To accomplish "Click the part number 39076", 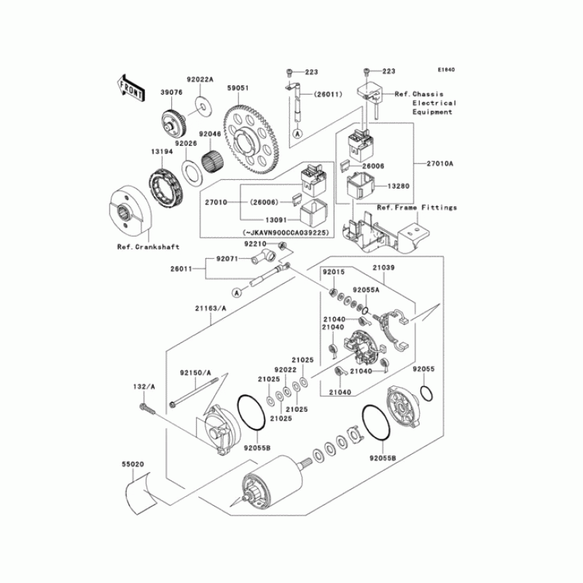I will [x=171, y=93].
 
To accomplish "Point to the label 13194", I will [x=161, y=151].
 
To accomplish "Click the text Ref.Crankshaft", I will [x=148, y=247].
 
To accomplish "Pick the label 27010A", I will [x=439, y=164].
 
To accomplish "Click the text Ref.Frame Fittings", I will [x=417, y=208].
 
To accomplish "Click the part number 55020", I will [x=132, y=463].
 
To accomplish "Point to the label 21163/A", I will [x=211, y=309].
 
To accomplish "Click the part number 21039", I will [x=386, y=268].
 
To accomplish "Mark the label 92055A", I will [x=367, y=289].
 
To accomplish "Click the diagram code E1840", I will [x=446, y=70].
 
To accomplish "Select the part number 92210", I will [x=255, y=243].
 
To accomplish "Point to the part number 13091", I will [x=260, y=217].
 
